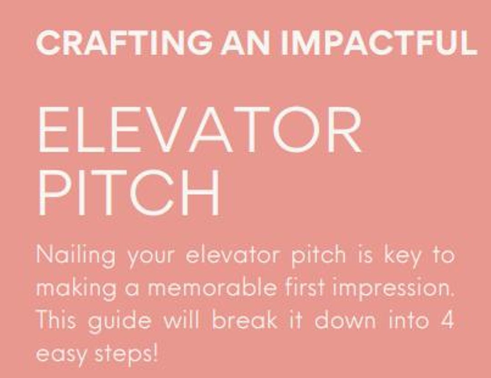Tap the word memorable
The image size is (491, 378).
coord(212,288)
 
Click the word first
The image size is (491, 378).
coord(303,288)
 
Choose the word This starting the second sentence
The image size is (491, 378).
coord(55,320)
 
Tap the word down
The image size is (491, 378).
coord(345,320)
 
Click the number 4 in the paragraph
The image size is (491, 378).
coord(448,320)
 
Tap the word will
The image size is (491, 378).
coord(181,320)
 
